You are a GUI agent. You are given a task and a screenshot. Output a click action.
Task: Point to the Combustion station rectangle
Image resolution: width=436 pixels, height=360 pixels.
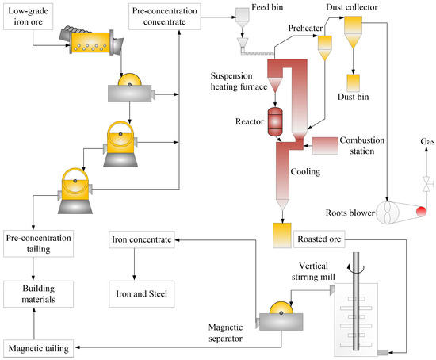(x=338, y=146)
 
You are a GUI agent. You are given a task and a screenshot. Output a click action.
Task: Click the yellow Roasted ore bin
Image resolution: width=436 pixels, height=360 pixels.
(x=282, y=234)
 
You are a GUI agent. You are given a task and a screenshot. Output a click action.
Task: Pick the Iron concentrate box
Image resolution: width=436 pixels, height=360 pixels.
(x=142, y=239)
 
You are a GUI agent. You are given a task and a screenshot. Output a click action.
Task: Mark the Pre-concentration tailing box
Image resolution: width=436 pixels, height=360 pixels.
(x=38, y=243)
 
